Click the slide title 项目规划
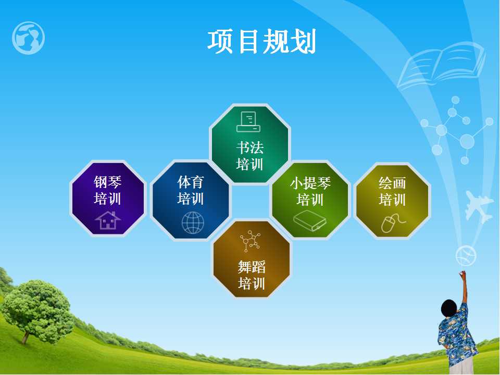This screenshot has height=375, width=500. point(261,41)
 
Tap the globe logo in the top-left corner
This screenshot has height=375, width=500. point(28,38)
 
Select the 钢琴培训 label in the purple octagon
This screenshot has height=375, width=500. point(107,191)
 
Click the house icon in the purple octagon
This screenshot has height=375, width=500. point(108,220)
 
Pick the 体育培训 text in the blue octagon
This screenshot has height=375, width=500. point(191,191)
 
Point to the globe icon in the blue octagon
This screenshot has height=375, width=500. point(193,222)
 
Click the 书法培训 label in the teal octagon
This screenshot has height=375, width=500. point(249,156)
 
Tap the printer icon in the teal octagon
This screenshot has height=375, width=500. point(248,122)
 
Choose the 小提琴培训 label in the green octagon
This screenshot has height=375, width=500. point(310,191)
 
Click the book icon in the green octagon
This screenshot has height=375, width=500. point(310,220)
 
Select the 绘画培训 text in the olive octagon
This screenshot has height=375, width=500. point(392,191)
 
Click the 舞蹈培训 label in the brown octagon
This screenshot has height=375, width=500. point(251,275)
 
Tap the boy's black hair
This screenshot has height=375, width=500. point(449,309)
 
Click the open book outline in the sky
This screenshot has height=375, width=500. point(442,66)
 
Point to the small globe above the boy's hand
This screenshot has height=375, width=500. point(466,256)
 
